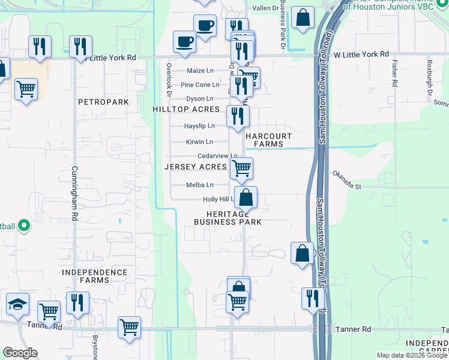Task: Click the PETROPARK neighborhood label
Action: [103, 103]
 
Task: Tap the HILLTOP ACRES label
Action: [185, 110]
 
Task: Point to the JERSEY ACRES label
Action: [196, 167]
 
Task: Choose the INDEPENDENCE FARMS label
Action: [95, 277]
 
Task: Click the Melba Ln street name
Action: [200, 185]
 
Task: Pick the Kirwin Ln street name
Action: [199, 142]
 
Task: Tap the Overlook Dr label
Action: [169, 80]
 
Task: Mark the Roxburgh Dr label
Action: [429, 73]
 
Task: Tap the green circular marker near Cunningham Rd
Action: [23, 226]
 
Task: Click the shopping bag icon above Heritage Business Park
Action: [246, 197]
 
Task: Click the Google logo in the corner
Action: [20, 353]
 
